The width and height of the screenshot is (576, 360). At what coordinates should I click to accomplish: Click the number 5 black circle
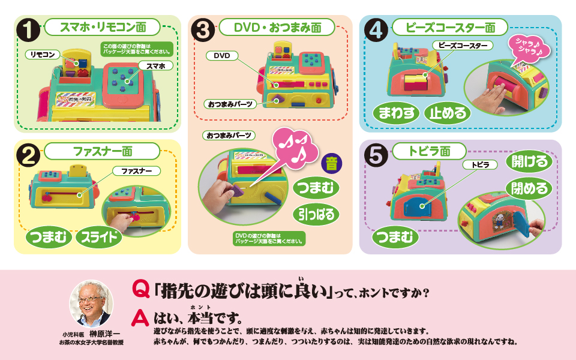point(376,155)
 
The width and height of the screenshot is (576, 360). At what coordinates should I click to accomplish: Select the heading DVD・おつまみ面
point(277,27)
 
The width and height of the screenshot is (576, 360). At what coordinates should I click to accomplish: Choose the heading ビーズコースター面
point(449,27)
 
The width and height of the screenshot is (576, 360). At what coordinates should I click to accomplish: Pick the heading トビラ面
point(429,151)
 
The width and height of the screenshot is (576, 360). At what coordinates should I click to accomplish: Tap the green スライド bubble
point(99,237)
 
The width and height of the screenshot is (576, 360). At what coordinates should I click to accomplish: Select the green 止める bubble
point(448,114)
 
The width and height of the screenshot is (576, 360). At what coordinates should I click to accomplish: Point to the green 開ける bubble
point(529,161)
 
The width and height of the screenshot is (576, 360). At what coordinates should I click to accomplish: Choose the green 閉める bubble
point(529,188)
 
